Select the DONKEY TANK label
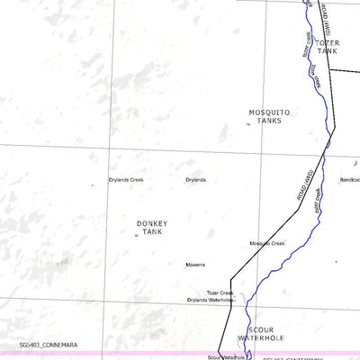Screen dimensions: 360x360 tap(152, 228)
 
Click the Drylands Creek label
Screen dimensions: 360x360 tap(126, 180)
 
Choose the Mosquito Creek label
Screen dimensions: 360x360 tap(267, 244)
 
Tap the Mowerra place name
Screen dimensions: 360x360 tap(195, 265)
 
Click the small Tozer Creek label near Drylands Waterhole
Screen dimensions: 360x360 tap(220, 292)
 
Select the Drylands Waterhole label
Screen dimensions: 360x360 tap(211, 300)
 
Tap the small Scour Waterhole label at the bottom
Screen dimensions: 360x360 tap(231, 356)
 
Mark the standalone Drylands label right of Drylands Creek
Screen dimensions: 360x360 tap(195, 180)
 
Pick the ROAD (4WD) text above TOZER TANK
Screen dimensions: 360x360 tap(326, 18)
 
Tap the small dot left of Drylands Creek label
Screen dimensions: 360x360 tap(92, 185)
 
